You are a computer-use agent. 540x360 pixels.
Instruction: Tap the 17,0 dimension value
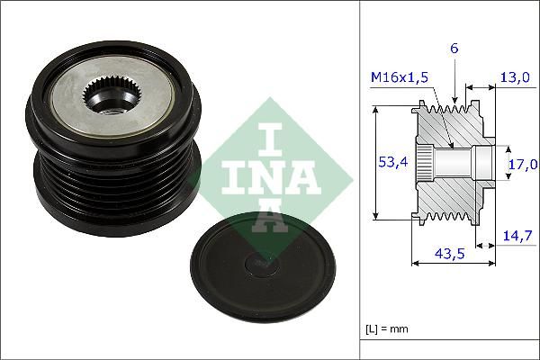tap(523, 164)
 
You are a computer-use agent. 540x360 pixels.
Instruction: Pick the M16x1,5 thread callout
tap(400, 79)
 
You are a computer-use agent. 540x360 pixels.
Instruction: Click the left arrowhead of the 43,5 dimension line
tap(415, 264)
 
